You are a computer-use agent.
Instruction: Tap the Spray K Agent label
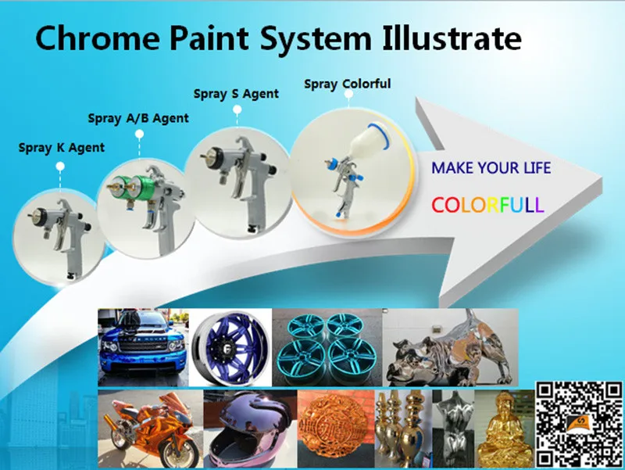(62, 147)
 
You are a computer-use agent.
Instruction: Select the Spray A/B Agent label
(138, 119)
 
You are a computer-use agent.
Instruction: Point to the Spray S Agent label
(236, 94)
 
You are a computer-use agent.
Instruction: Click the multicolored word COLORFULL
(487, 205)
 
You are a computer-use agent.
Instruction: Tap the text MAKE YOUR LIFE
(491, 168)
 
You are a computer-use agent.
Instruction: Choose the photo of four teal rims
(327, 345)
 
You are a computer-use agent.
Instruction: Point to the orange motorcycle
(148, 426)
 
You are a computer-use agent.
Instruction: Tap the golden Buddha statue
(503, 427)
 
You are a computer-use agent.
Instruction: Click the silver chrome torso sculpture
(452, 426)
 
